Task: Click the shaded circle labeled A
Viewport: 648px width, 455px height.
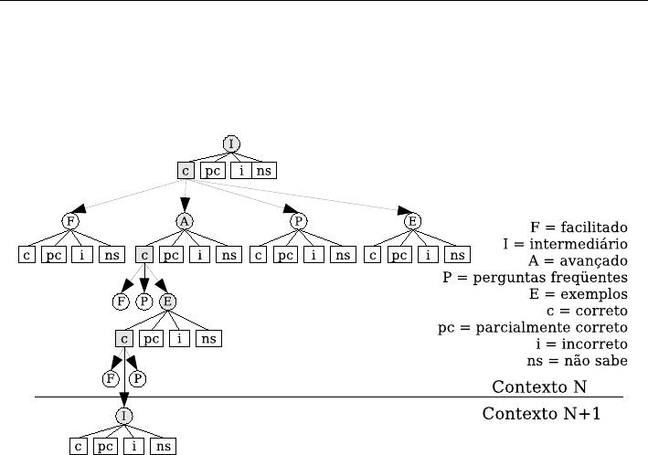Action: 185,221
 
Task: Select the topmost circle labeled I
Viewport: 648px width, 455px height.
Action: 231,144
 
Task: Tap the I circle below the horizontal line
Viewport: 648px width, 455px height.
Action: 124,416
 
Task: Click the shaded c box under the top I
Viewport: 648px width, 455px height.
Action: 186,170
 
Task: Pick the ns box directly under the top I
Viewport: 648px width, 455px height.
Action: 263,170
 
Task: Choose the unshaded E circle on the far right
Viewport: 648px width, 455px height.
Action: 412,221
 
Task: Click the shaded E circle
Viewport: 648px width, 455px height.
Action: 167,301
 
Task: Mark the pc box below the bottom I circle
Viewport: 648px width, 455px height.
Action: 106,447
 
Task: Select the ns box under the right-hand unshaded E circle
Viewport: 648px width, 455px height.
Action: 457,255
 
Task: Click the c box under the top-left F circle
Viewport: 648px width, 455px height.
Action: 27,255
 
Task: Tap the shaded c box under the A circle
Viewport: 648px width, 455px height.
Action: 143,255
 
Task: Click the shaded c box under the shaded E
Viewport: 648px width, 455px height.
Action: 124,339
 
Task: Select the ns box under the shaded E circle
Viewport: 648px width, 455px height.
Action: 208,339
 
